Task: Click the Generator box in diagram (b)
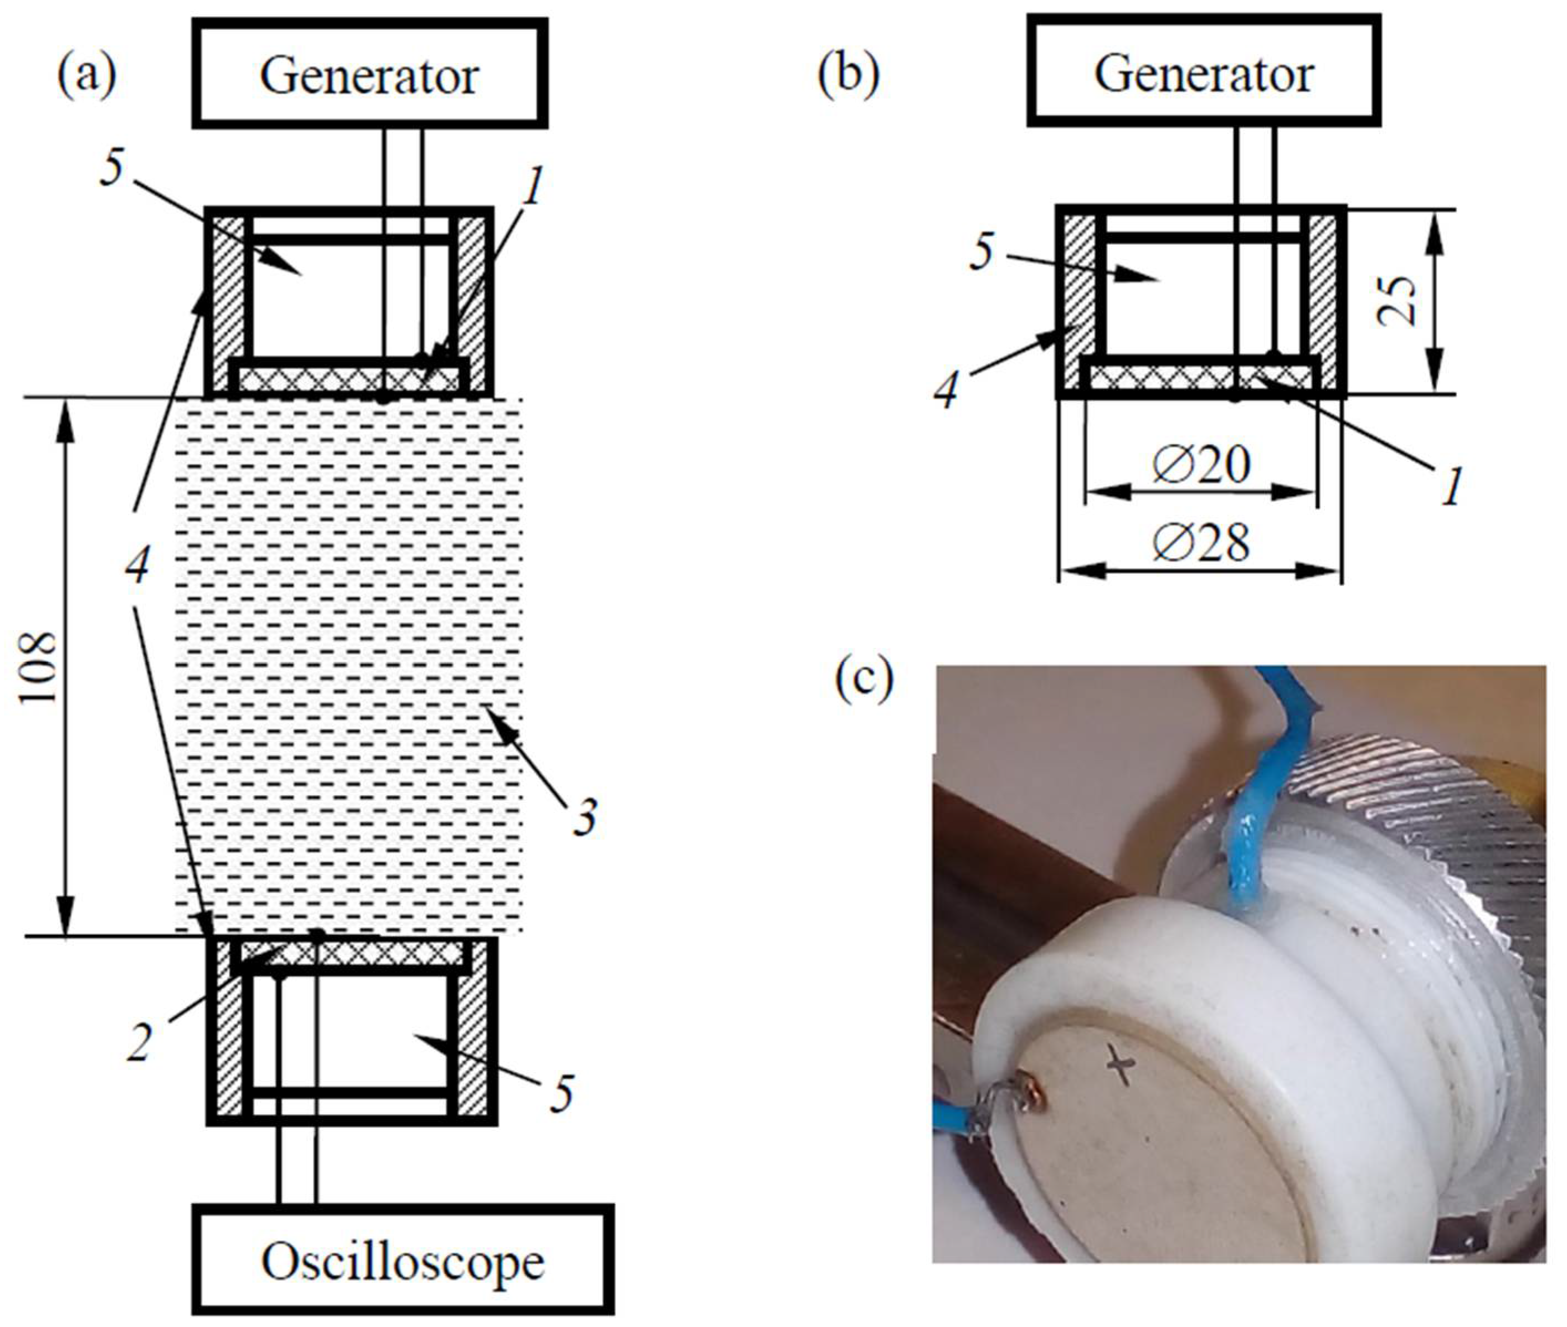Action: (1203, 72)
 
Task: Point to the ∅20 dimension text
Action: (1201, 464)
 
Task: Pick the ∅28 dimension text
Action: (1201, 542)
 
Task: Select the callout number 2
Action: (139, 1042)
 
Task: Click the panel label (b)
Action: (849, 75)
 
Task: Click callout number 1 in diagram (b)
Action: (1450, 485)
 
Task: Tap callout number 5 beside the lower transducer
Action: (561, 1093)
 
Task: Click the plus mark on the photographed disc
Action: (1122, 1067)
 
